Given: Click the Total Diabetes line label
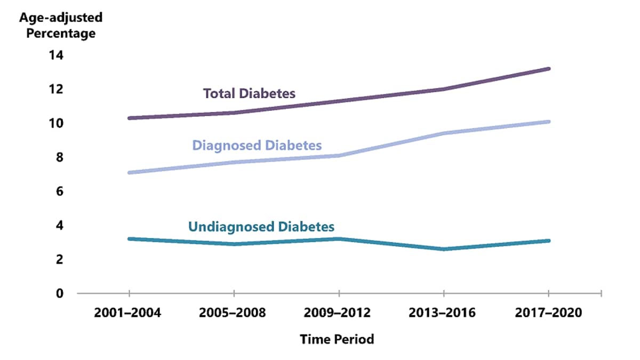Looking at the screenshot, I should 249,93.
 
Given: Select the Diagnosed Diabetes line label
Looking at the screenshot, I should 257,145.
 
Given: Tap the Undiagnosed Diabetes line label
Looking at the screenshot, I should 261,227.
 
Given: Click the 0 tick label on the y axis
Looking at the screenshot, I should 60,293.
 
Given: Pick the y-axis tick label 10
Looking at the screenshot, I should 57,123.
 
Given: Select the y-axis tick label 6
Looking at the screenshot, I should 60,191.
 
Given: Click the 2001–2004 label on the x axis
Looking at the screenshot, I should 128,313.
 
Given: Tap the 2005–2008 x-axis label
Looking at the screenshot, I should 233,313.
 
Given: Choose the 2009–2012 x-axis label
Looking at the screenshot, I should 338,313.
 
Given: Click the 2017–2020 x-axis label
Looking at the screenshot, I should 548,313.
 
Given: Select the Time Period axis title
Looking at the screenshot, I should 337,339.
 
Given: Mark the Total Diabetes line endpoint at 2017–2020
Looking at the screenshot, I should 548,69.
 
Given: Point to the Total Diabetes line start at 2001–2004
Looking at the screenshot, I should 129,118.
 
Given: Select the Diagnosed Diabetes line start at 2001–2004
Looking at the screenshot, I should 129,173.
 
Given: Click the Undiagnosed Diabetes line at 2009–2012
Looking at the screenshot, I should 338,238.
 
